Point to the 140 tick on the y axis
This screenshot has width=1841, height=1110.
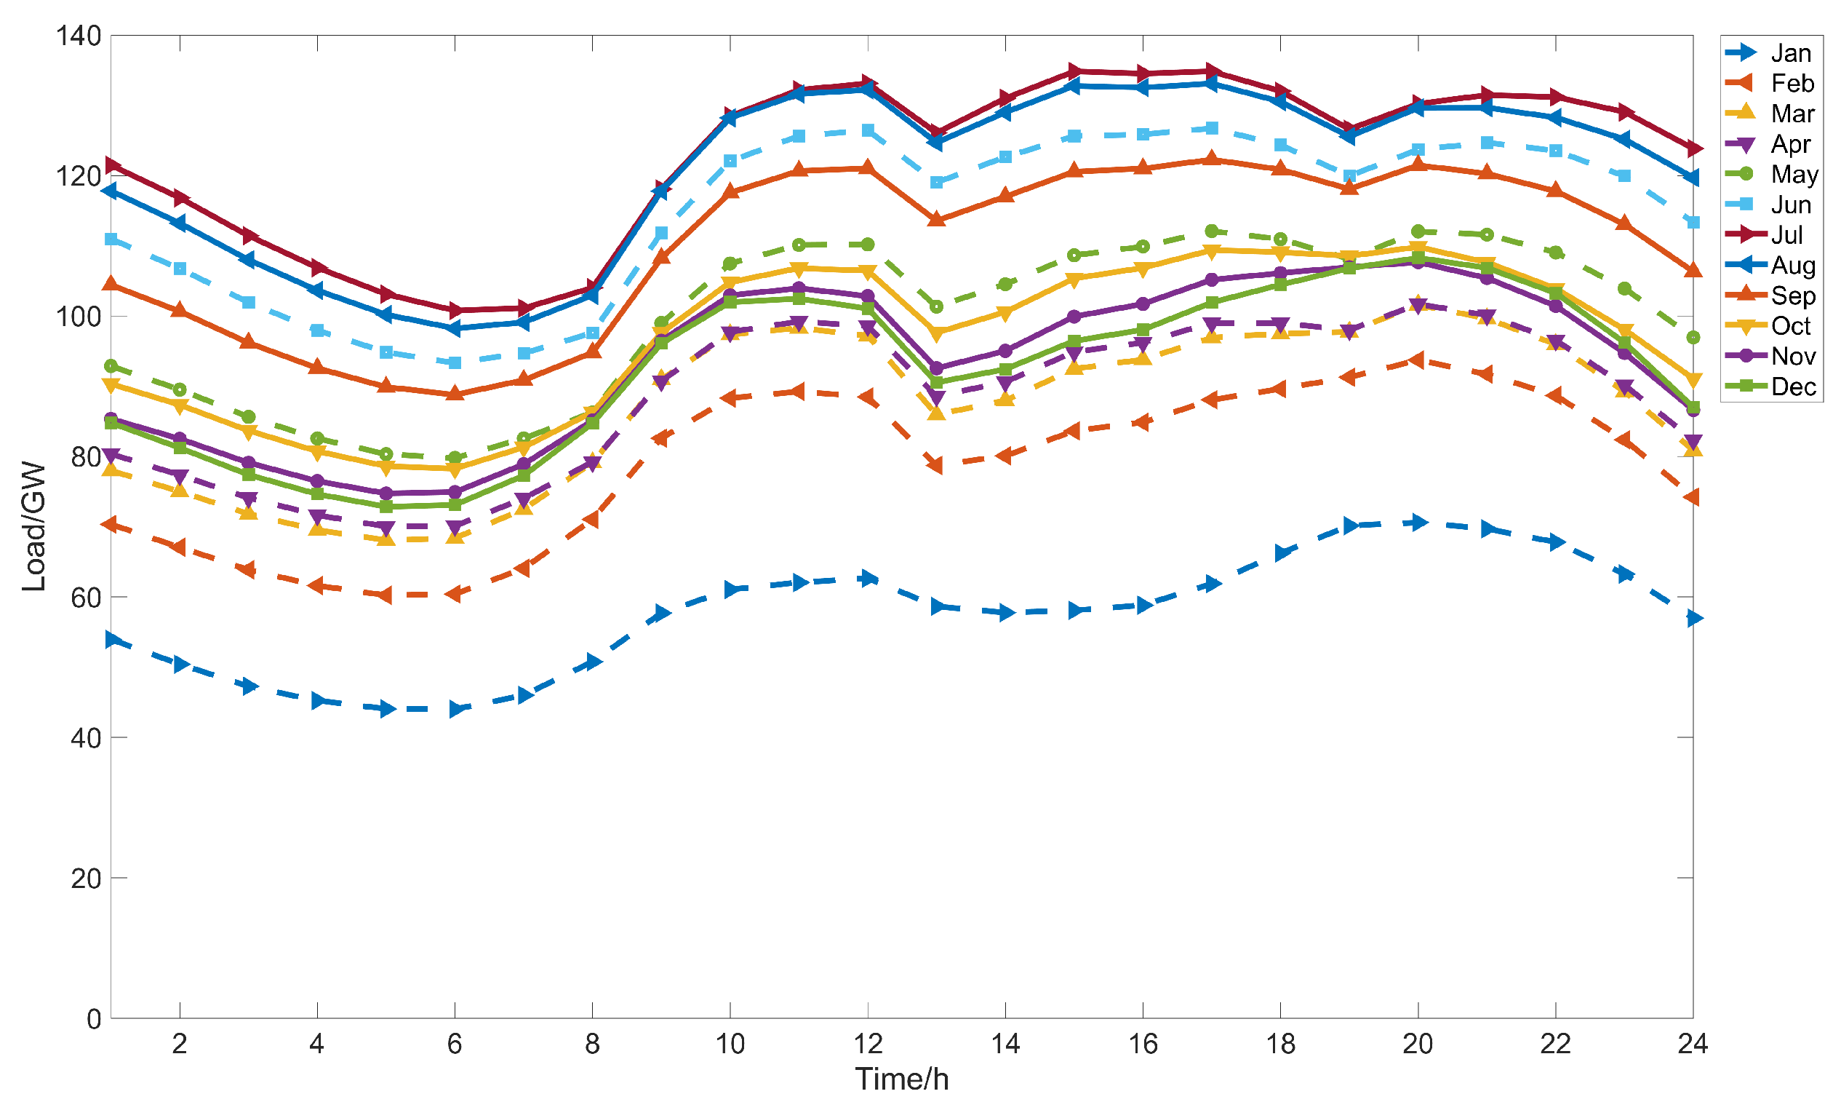click(79, 35)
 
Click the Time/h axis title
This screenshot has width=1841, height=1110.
click(902, 1079)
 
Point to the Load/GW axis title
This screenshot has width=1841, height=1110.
click(34, 527)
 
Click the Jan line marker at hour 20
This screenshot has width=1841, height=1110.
click(1418, 523)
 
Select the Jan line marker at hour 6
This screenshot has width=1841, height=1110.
click(456, 709)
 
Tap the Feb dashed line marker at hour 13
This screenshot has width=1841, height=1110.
click(935, 465)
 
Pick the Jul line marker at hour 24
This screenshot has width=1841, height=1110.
click(1693, 148)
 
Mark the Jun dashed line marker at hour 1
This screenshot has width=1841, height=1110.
click(111, 239)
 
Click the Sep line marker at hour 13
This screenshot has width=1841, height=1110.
click(936, 219)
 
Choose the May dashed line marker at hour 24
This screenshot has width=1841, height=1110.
click(1693, 338)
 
